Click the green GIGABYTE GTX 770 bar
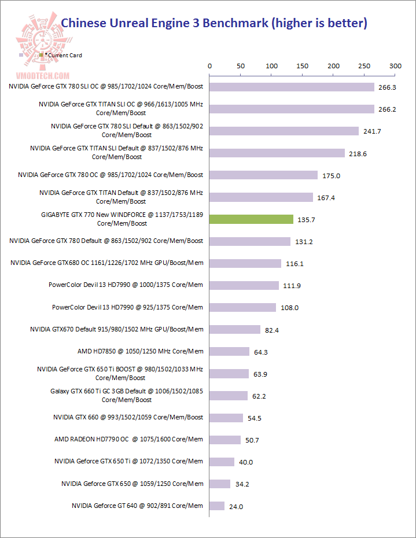[x=251, y=219]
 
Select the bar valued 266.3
[x=292, y=87]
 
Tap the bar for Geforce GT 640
[x=217, y=506]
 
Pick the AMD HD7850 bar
[x=229, y=351]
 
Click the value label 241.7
[x=371, y=131]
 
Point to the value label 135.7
[x=306, y=220]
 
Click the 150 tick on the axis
[x=303, y=67]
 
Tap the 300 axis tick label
[x=395, y=67]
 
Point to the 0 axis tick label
[x=209, y=67]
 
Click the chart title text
[x=214, y=24]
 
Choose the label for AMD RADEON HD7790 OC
[x=128, y=439]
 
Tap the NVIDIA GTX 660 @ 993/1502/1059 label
[x=128, y=417]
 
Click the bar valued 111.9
[x=244, y=285]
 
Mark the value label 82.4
[x=273, y=330]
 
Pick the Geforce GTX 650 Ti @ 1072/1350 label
[x=128, y=461]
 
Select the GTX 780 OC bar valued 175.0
[x=263, y=175]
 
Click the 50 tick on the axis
[x=241, y=67]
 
